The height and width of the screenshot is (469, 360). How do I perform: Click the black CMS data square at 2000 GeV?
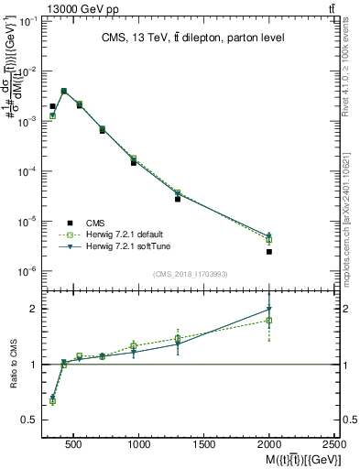[x=269, y=251]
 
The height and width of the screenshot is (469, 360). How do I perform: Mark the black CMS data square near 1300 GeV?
[x=178, y=199]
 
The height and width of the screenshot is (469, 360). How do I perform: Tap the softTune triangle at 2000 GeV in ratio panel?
[x=269, y=310]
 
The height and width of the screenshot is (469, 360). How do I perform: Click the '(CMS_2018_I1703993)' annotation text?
[x=190, y=274]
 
